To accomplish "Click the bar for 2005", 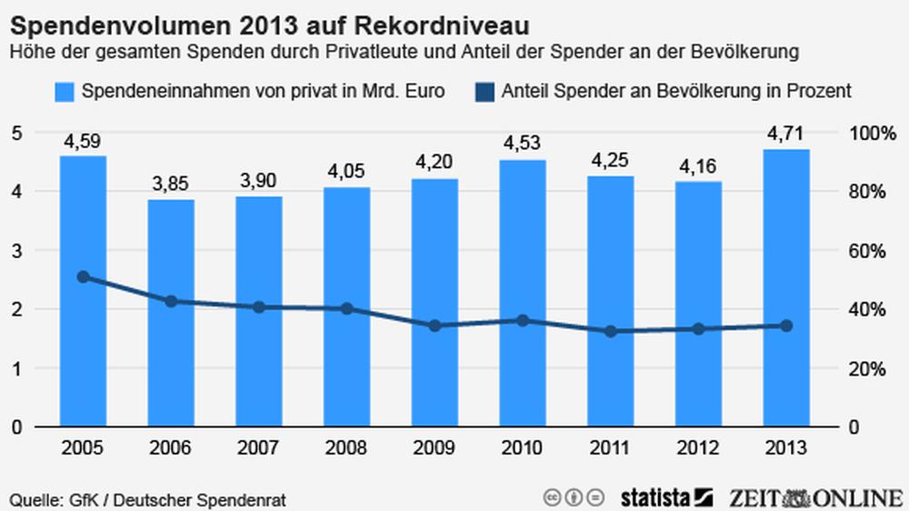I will coord(83,291).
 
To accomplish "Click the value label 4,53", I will coord(522,144).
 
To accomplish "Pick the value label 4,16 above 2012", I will coord(698,165).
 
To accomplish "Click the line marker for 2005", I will coord(83,277).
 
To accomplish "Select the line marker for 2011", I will coord(610,331).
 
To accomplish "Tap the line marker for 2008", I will coord(346,309).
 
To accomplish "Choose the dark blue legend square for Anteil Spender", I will coord(483,91).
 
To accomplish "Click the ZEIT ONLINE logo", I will coord(814,496).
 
